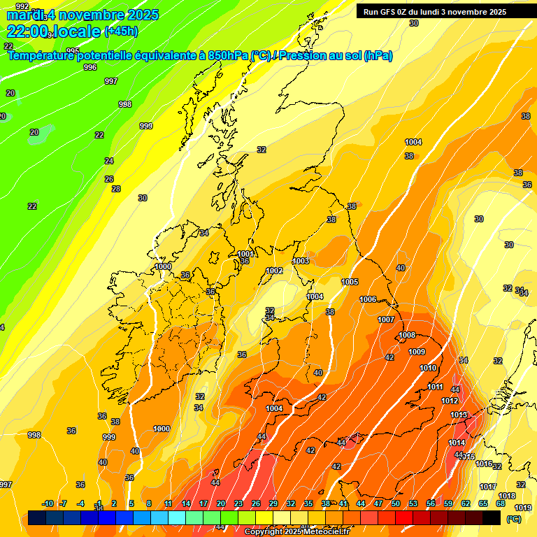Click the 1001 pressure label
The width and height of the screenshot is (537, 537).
[245, 254]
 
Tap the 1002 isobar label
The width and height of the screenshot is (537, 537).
[274, 271]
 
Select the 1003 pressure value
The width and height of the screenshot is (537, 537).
[301, 261]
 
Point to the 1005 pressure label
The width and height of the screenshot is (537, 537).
[350, 282]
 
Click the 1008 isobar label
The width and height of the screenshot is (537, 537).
[407, 335]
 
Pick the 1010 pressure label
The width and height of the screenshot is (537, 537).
[428, 368]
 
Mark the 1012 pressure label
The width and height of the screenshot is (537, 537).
[450, 401]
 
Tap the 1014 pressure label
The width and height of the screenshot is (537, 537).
[457, 443]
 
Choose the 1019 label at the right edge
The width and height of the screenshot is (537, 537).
[522, 508]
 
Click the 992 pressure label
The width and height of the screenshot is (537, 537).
[22, 6]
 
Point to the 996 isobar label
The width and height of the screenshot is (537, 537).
[90, 67]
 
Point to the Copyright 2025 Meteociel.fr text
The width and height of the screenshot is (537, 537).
[297, 532]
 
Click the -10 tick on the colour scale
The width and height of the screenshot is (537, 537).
[48, 503]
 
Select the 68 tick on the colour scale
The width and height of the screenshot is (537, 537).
[501, 503]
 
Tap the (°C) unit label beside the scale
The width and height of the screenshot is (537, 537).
[513, 519]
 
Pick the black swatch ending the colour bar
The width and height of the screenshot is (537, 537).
[492, 518]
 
